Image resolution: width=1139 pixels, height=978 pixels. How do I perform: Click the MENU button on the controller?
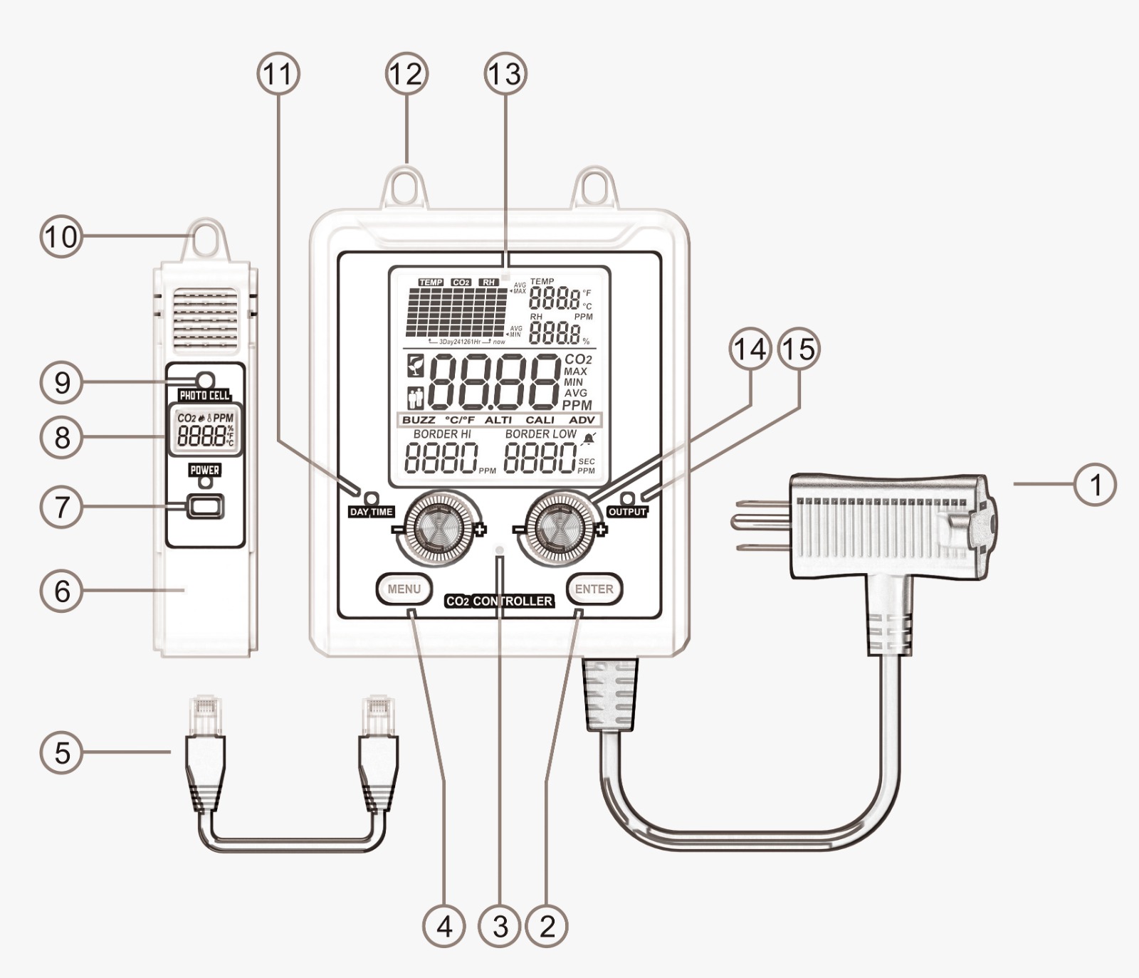[404, 589]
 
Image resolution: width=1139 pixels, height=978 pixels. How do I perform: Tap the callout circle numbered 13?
[505, 73]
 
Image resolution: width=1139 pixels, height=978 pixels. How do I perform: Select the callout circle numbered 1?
[1096, 484]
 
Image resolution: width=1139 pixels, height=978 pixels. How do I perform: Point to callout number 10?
[61, 236]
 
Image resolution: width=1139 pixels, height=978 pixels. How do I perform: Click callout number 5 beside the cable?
[62, 752]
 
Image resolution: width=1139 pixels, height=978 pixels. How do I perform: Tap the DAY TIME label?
[371, 512]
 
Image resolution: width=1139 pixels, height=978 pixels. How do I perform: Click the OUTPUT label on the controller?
[626, 512]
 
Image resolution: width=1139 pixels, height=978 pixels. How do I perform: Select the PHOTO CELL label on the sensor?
[204, 396]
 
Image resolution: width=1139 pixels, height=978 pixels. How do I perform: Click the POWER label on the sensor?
[205, 470]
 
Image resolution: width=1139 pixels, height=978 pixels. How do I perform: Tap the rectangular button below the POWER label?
[205, 507]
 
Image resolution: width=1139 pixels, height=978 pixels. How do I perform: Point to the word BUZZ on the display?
[419, 420]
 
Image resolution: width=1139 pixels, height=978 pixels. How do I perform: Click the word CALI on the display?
[540, 420]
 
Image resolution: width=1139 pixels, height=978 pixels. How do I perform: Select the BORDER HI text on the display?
[442, 434]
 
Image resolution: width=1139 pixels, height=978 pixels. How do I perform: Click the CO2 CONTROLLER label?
[500, 601]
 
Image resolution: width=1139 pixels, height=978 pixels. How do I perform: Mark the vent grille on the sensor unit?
[206, 321]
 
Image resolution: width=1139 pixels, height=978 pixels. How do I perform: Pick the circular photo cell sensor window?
[205, 379]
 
